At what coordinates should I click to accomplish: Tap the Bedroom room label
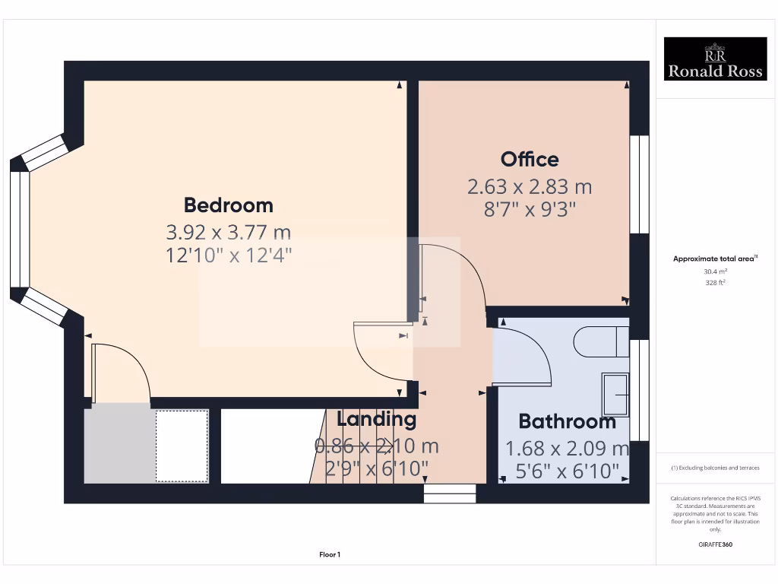[x=228, y=205]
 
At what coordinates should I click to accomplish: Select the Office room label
[x=530, y=160]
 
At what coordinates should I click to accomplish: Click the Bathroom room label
[x=567, y=421]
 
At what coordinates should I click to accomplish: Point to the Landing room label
[x=376, y=419]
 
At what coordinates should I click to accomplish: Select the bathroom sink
[x=615, y=395]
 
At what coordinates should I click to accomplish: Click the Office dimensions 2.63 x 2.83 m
[x=530, y=186]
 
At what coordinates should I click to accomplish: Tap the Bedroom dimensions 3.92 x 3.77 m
[x=228, y=232]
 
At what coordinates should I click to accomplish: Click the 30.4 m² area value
[x=714, y=271]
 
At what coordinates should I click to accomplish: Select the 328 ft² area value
[x=714, y=282]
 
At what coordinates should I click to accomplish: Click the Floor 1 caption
[x=330, y=555]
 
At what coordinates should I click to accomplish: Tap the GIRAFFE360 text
[x=714, y=544]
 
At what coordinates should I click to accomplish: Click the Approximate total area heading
[x=714, y=259]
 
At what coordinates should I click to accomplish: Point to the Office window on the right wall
[x=640, y=184]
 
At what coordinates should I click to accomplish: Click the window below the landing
[x=450, y=494]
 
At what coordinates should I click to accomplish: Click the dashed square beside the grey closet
[x=182, y=446]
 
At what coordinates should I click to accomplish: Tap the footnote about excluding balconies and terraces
[x=714, y=468]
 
